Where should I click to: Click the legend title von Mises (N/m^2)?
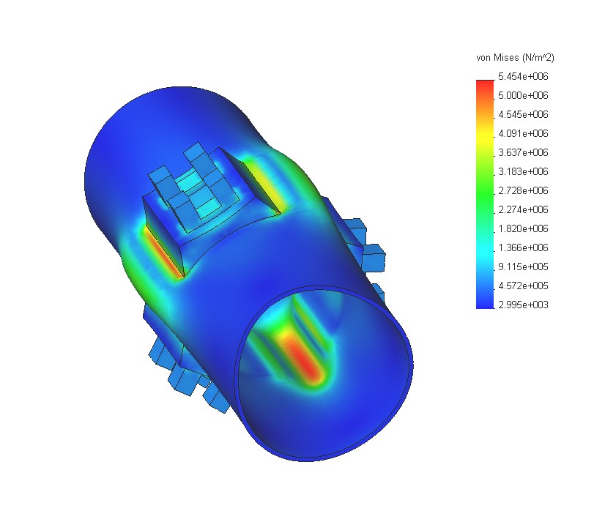click(515, 58)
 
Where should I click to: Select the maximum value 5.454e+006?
click(523, 76)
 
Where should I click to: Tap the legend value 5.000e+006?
click(523, 95)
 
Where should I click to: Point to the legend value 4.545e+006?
click(523, 114)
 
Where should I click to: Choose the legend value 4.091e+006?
click(523, 133)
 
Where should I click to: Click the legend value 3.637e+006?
click(523, 152)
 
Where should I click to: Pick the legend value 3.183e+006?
click(523, 171)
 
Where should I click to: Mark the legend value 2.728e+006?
click(523, 190)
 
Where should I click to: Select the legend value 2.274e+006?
click(523, 209)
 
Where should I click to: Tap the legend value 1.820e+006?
click(523, 228)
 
